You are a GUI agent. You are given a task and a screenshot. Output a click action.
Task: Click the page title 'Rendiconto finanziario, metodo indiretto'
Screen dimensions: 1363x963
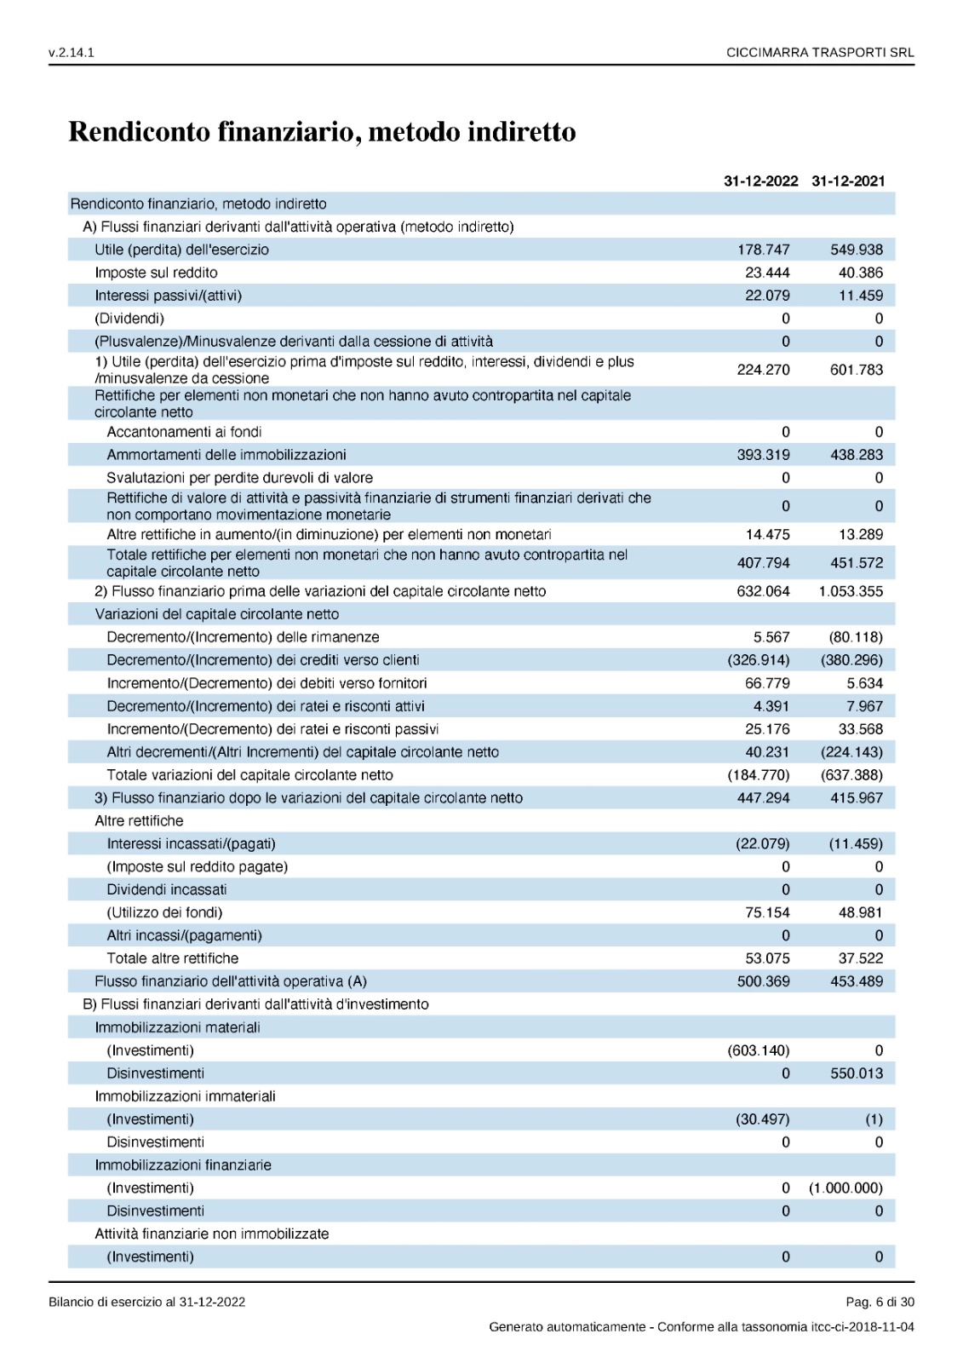(322, 132)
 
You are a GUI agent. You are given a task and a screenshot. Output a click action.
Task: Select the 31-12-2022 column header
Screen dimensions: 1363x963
(760, 181)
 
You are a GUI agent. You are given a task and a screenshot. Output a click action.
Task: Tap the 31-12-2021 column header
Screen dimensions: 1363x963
(848, 181)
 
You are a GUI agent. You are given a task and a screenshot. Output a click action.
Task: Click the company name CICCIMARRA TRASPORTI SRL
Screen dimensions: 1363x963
(820, 53)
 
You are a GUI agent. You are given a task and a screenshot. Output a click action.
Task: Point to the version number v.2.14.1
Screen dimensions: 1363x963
(72, 53)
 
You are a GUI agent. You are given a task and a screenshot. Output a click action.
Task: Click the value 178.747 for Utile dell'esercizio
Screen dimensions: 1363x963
(763, 250)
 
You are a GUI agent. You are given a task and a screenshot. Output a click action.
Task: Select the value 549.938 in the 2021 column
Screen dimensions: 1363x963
(857, 250)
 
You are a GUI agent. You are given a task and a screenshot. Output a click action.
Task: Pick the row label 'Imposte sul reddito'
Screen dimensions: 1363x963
(156, 273)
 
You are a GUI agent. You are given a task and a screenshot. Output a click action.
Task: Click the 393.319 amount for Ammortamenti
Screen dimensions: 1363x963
(763, 455)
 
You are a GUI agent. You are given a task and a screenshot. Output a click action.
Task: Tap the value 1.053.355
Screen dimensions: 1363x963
(851, 591)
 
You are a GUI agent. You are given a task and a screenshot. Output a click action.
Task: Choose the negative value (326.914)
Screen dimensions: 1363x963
(758, 660)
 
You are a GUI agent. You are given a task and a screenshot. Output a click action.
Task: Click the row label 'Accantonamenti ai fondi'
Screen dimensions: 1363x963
(184, 432)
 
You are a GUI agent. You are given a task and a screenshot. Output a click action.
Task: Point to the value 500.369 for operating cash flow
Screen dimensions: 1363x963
(763, 981)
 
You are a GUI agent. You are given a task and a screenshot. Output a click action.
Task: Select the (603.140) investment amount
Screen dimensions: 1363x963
(758, 1050)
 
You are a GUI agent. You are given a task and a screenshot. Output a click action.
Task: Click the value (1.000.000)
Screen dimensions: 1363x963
(845, 1188)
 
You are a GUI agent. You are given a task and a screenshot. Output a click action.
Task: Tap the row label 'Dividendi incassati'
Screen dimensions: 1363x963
(167, 889)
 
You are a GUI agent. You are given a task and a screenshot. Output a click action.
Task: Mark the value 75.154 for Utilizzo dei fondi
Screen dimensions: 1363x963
(767, 912)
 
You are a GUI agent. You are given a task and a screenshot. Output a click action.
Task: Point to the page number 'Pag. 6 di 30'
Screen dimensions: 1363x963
(880, 1302)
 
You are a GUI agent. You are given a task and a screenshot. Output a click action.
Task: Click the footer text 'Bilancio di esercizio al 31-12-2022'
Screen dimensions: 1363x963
(147, 1302)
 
